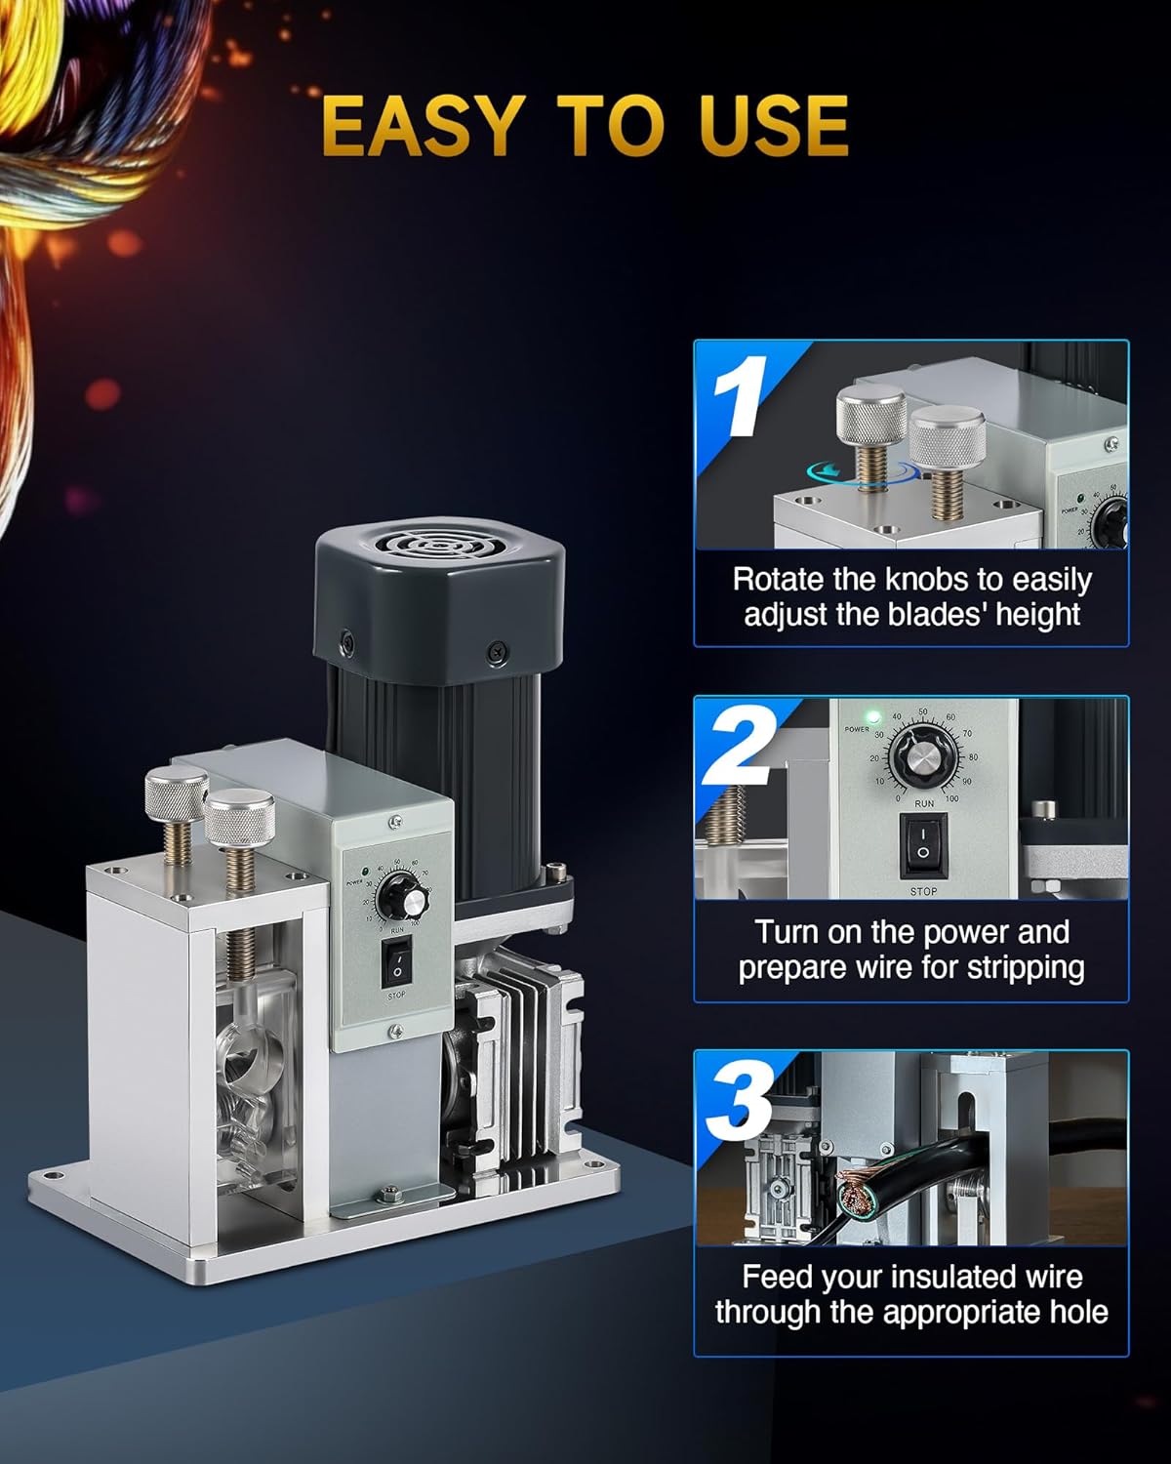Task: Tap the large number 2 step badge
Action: pos(740,745)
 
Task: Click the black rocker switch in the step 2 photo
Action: pos(922,844)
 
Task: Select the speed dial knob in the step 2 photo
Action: pos(922,755)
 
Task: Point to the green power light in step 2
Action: pos(872,716)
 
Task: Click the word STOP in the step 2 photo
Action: pos(923,890)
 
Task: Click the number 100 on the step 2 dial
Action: pos(951,798)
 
